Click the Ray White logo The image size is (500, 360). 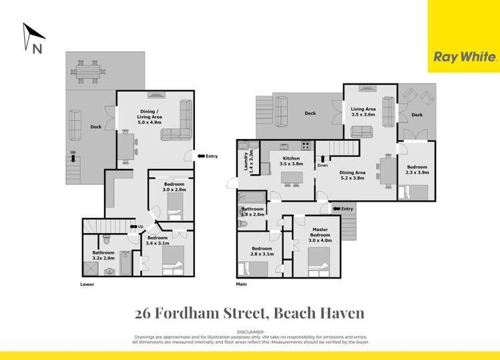465,57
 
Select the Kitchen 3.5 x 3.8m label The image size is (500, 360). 292,161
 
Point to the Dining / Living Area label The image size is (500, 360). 149,117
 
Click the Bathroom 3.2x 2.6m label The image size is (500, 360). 103,256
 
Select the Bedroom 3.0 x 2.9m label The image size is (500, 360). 174,186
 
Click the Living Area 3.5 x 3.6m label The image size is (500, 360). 363,112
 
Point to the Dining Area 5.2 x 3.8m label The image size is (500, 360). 352,175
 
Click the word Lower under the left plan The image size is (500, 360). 87,284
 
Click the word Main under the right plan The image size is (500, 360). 242,284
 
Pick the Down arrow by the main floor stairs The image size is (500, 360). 323,160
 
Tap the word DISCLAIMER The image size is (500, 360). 250,332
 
